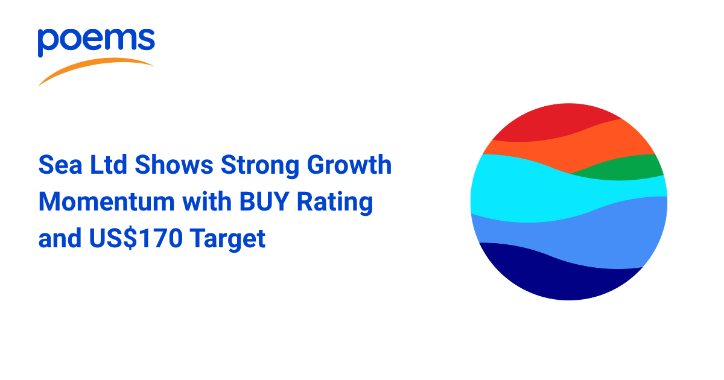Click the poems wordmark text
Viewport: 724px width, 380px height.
[97, 42]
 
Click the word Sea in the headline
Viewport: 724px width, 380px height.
[60, 165]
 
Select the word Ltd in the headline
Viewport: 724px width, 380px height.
[109, 164]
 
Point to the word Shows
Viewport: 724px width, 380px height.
[174, 164]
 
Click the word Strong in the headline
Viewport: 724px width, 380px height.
[260, 166]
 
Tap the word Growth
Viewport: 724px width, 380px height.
[349, 164]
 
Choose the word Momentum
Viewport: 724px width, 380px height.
[107, 201]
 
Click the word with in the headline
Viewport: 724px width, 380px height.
[207, 201]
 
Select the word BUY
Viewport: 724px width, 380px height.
[264, 201]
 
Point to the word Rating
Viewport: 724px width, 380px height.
[335, 203]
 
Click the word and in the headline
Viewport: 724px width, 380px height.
[60, 238]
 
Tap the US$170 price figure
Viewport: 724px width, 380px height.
[136, 238]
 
